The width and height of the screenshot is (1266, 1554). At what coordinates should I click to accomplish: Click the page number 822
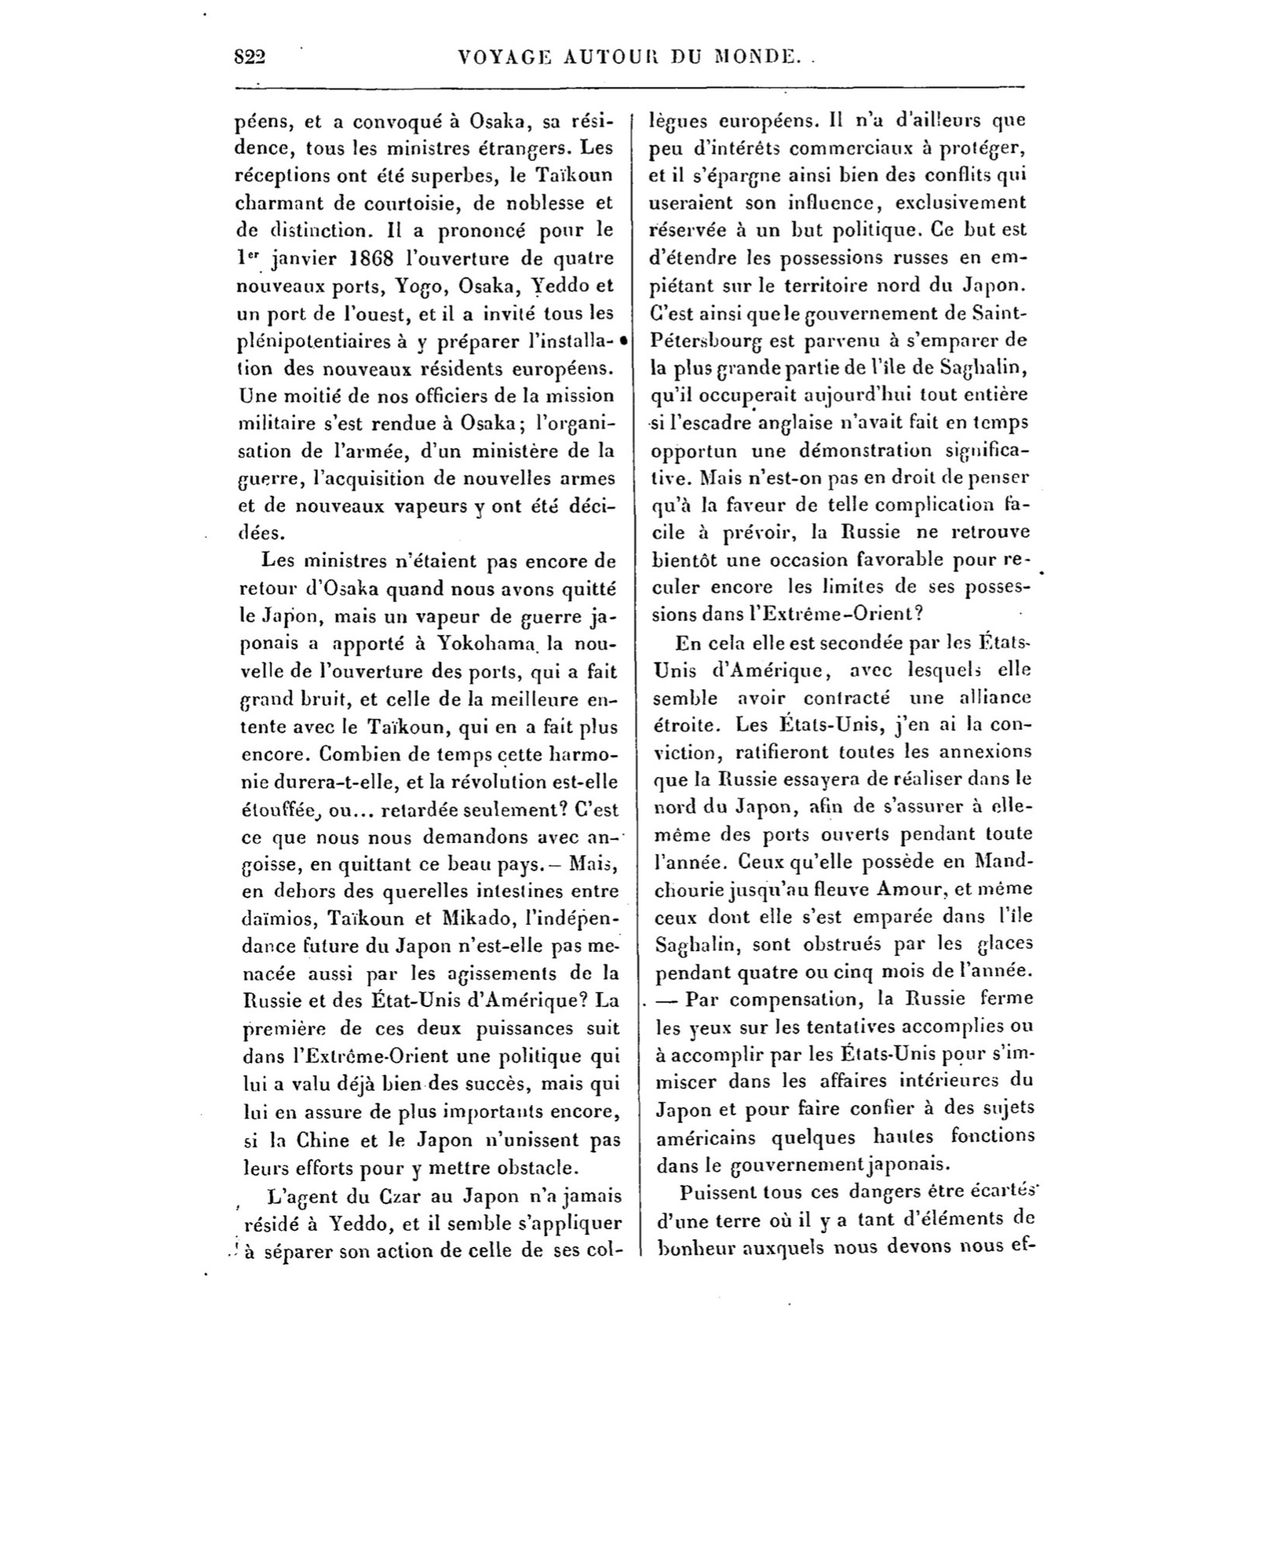(250, 56)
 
